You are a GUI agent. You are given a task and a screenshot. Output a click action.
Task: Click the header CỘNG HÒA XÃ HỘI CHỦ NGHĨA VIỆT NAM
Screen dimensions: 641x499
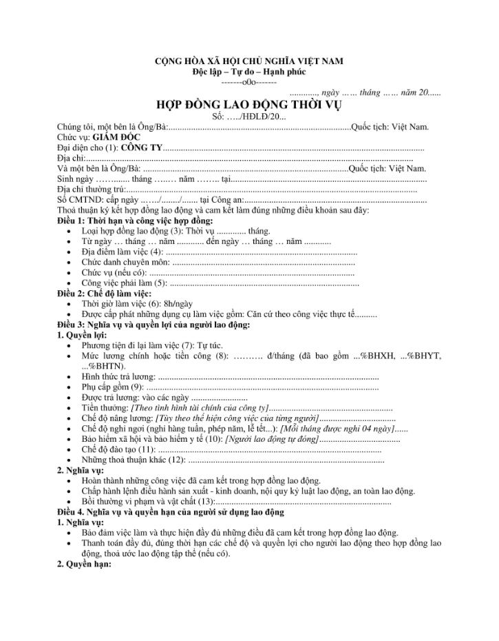248,61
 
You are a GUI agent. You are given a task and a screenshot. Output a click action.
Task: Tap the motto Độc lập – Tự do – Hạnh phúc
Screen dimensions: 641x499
249,72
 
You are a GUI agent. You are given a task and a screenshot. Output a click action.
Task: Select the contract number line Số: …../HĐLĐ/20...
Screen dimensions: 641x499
248,116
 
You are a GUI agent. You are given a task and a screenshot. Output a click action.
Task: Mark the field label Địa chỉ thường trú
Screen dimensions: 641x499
92,189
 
